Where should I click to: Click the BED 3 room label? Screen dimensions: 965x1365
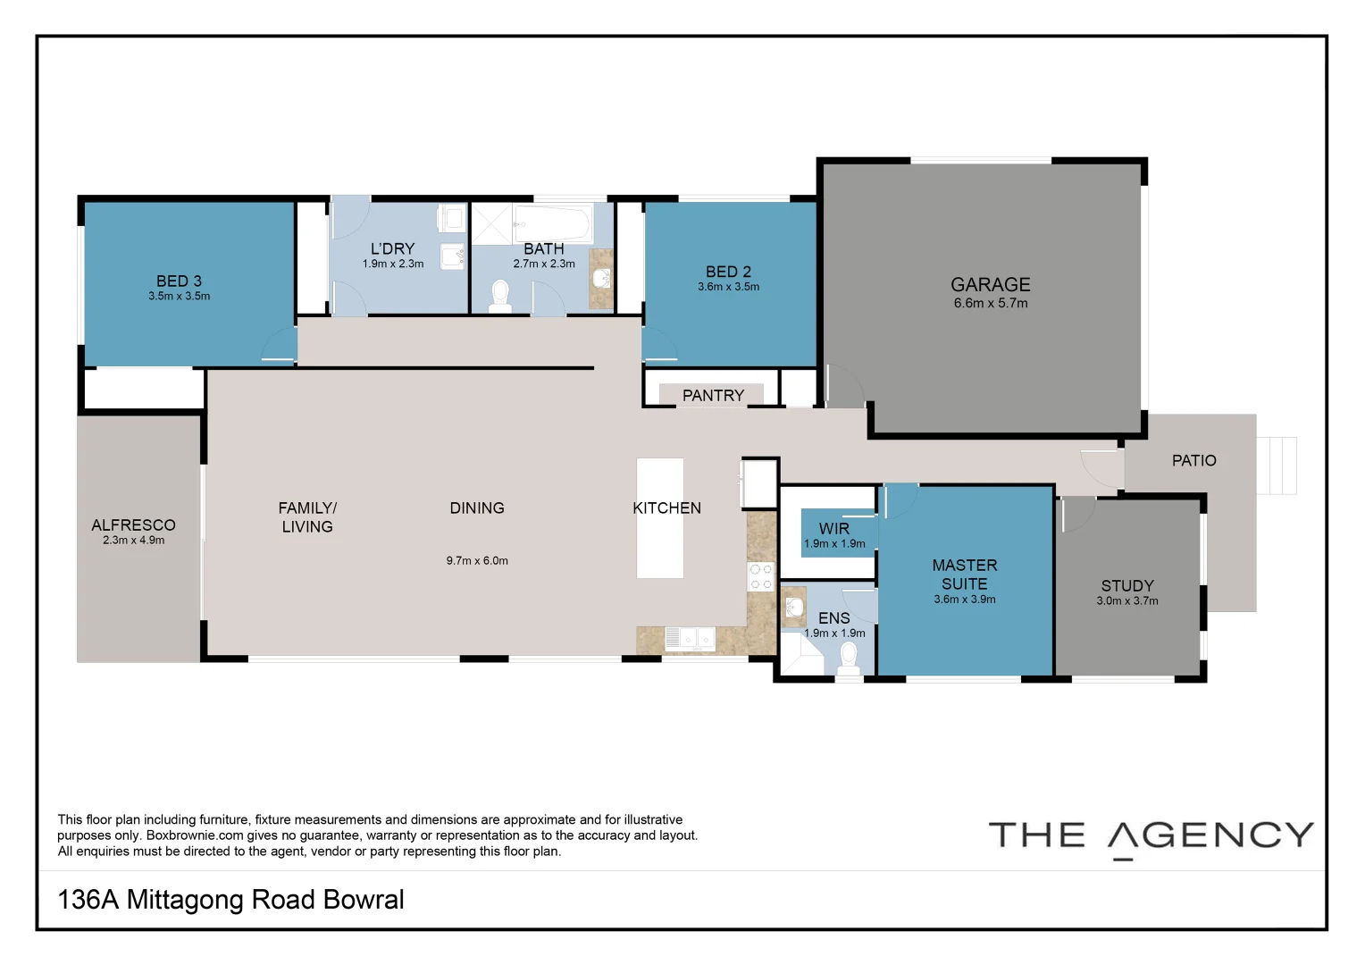[x=179, y=281]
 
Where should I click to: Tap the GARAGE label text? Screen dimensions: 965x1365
[x=990, y=284]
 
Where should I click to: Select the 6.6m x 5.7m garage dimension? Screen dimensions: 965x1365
[x=990, y=304]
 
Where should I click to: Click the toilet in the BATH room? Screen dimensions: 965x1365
[x=499, y=296]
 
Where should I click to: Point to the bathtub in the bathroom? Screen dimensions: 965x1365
[x=551, y=223]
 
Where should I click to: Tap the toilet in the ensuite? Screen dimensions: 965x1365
[x=849, y=658]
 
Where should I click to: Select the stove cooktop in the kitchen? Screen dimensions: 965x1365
[x=760, y=577]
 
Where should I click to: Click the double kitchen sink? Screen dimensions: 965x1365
[x=690, y=639]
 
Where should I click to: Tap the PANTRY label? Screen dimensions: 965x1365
[x=713, y=395]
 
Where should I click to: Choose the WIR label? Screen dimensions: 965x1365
[x=833, y=528]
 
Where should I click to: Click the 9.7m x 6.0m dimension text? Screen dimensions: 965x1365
[x=477, y=561]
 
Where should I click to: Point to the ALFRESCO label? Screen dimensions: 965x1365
[x=133, y=524]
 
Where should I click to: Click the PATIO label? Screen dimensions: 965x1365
[x=1193, y=460]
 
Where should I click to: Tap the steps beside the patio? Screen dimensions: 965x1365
[x=1277, y=465]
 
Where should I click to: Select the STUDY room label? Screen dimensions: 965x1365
[x=1126, y=585]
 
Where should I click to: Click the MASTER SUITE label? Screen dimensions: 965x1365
[x=964, y=574]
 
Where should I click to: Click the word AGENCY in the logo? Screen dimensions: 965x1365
[x=1210, y=835]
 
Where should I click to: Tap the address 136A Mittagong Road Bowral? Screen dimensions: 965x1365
[x=230, y=899]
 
